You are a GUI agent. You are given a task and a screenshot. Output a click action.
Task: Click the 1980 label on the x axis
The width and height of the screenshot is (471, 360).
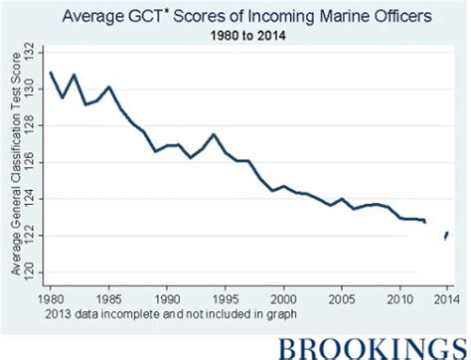[x=49, y=296]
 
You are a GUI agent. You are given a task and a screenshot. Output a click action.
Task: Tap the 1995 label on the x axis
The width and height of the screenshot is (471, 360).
[x=226, y=296]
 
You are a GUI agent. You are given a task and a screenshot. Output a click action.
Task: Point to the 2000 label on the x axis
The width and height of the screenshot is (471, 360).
[x=284, y=296]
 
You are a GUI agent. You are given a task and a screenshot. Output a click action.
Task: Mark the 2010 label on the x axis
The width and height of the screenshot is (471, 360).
[x=401, y=296]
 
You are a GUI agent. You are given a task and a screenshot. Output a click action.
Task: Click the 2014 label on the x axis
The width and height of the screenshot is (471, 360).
[x=448, y=296]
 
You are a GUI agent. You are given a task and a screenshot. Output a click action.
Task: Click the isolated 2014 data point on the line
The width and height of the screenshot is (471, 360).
[x=447, y=235]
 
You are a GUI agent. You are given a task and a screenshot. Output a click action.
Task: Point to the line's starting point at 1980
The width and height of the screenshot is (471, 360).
[x=50, y=73]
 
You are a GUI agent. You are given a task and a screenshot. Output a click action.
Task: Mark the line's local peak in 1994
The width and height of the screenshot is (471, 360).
[x=214, y=134]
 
